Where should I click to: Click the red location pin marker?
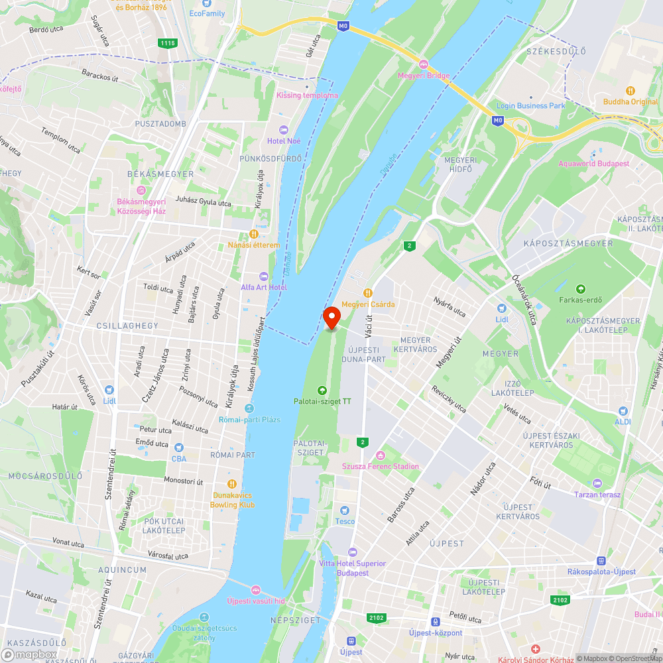[x=331, y=317]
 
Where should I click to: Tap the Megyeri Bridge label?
[x=424, y=75]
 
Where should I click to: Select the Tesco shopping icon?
[x=344, y=510]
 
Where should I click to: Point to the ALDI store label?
[x=623, y=422]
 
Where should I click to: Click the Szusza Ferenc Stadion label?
[x=380, y=466]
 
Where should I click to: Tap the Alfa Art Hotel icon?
[x=263, y=276]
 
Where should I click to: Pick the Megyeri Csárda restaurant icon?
[x=367, y=292]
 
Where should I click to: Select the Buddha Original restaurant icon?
[x=630, y=90]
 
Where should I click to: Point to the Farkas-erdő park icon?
[x=580, y=288]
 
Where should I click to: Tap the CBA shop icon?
[x=178, y=447]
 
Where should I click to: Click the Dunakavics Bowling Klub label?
[x=232, y=500]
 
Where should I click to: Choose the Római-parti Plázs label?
[x=249, y=420]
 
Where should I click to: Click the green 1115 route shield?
[x=168, y=43]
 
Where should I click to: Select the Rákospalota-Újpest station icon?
[x=601, y=560]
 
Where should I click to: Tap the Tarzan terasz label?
[x=597, y=495]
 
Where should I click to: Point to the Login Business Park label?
[x=530, y=105]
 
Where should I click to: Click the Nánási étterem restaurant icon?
[x=253, y=234]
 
